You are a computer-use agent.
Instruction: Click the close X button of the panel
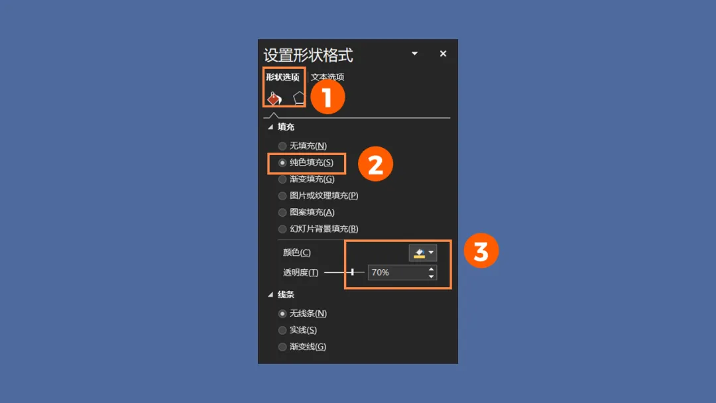click(x=443, y=54)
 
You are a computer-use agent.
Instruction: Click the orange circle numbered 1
click(x=328, y=97)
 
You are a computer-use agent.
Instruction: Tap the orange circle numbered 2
click(x=375, y=164)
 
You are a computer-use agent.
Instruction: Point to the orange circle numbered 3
click(x=481, y=251)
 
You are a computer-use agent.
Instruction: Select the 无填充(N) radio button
click(x=282, y=146)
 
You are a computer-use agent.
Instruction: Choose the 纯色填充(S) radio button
click(x=282, y=163)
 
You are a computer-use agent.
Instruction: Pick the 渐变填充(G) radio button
click(x=282, y=180)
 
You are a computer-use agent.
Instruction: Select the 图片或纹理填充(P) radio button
click(x=282, y=196)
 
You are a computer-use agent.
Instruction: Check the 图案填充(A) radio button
click(x=282, y=213)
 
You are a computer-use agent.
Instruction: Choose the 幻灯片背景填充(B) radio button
click(x=282, y=229)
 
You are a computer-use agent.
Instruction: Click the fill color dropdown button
click(x=423, y=253)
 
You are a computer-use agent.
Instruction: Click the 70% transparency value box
click(x=397, y=272)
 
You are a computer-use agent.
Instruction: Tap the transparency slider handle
click(x=353, y=272)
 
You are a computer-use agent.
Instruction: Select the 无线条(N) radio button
click(x=282, y=314)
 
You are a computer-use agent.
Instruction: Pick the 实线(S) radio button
click(x=282, y=331)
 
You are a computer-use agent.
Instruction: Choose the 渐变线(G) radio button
click(x=282, y=347)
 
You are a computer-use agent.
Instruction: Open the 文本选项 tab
click(x=328, y=77)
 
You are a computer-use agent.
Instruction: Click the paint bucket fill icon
click(x=274, y=97)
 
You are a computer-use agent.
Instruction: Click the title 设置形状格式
click(x=308, y=55)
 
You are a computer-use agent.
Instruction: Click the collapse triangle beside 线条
click(x=270, y=295)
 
